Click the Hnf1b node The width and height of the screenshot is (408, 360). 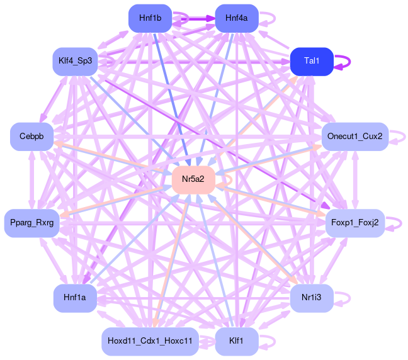coord(150,18)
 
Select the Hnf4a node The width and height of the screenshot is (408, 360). coord(236,18)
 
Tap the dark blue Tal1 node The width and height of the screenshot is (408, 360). coord(312,61)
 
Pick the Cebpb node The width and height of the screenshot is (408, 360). coord(31,137)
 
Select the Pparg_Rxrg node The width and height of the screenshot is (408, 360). coord(31,223)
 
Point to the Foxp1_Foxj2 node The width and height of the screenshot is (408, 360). coord(354,223)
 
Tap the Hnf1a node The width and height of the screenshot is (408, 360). coord(75,298)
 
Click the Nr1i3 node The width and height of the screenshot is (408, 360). coord(312,298)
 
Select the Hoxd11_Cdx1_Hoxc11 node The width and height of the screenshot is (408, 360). coord(150,341)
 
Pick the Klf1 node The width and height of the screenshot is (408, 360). coord(236,341)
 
